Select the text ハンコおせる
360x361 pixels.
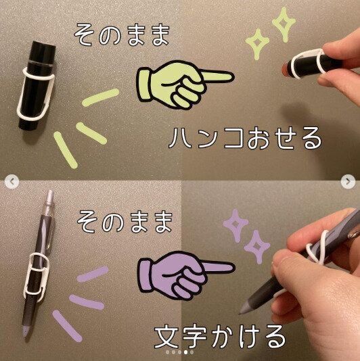(x=246, y=139)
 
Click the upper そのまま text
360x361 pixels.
(x=122, y=33)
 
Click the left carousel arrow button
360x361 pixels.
(x=9, y=180)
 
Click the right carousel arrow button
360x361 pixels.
(x=351, y=180)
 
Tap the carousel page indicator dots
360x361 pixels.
(x=180, y=352)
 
